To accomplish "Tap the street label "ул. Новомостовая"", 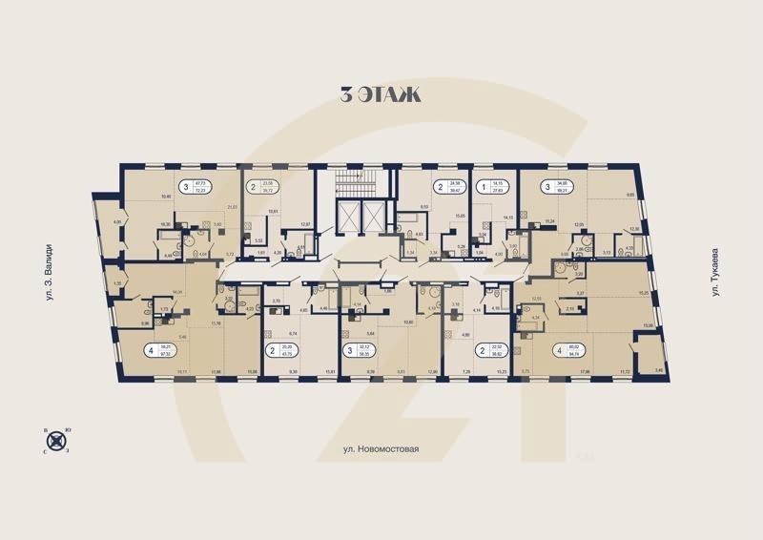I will click(381, 447).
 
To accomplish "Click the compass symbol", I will click(59, 441).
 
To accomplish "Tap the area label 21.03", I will click(230, 207).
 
